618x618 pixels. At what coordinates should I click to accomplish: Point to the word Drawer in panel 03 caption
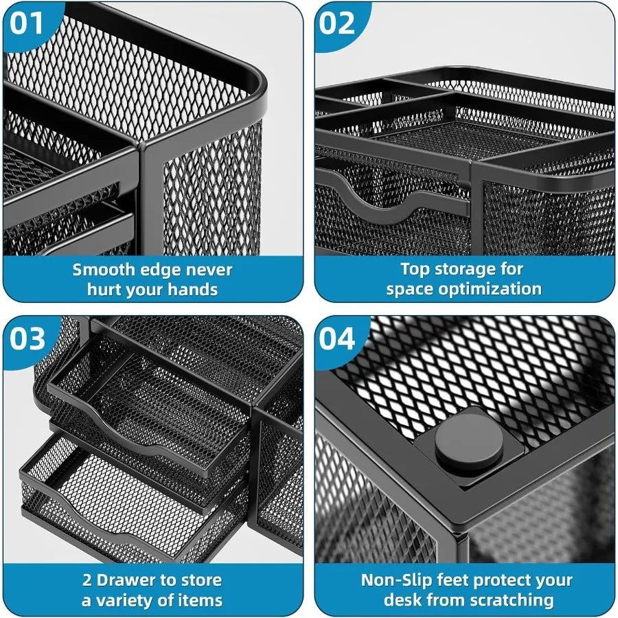(x=127, y=580)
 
